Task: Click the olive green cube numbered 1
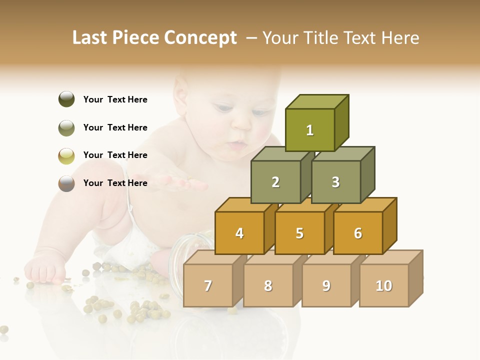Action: (310, 130)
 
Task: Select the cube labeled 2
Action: (275, 182)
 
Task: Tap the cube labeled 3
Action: (335, 182)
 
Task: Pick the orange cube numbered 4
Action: (239, 233)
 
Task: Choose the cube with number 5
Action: (299, 233)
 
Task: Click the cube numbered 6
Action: (358, 233)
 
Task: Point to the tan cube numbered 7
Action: (208, 285)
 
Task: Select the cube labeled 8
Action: (268, 285)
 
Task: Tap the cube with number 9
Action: (326, 285)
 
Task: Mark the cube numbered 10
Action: (383, 285)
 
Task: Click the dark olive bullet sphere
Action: (66, 99)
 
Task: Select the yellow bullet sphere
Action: (66, 155)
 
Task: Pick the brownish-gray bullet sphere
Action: (66, 183)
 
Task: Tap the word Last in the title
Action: (90, 38)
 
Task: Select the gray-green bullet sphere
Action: (66, 127)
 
